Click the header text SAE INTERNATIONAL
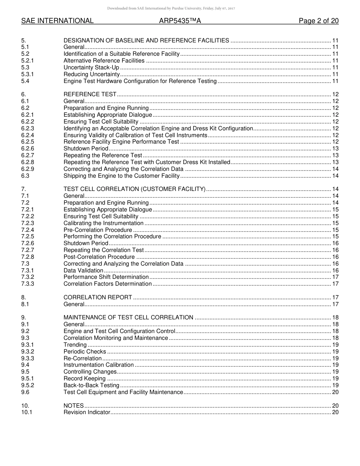tap(57, 21)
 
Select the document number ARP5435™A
tap(180, 21)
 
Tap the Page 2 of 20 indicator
tap(318, 21)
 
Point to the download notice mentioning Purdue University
tap(171, 8)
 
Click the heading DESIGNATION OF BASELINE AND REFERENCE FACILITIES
tap(146, 41)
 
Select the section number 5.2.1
tap(28, 61)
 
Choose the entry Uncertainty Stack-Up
tap(91, 67)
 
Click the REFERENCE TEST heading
tap(90, 94)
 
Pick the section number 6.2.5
tap(28, 142)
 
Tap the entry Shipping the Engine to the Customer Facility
tap(121, 176)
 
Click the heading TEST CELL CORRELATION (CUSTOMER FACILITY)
tap(135, 189)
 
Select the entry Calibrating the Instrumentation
tap(103, 223)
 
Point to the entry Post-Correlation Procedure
tap(99, 257)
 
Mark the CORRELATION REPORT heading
tap(98, 297)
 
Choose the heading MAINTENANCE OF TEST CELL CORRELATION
tap(128, 317)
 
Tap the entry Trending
tap(75, 345)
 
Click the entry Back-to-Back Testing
tap(91, 385)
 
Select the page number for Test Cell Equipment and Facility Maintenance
tap(335, 392)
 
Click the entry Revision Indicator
tap(87, 412)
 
